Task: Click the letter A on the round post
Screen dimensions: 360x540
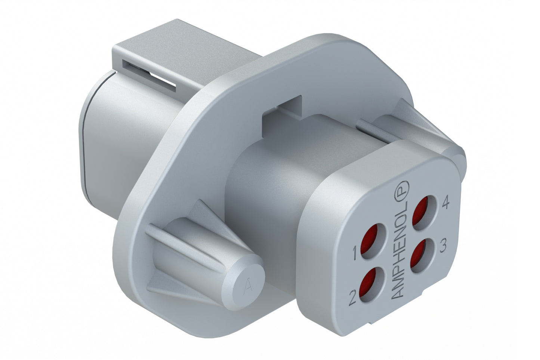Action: click(x=246, y=288)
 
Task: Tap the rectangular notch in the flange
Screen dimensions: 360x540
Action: click(x=283, y=106)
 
